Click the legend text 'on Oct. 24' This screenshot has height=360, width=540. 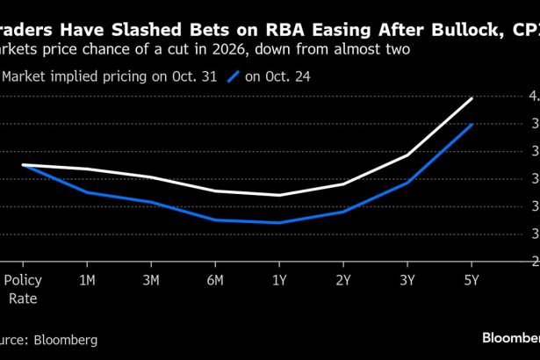[277, 77]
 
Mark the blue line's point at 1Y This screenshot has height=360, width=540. [279, 223]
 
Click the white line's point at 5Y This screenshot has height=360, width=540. [472, 98]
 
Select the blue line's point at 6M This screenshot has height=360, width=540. [215, 220]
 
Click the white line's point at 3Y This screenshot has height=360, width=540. [407, 155]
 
